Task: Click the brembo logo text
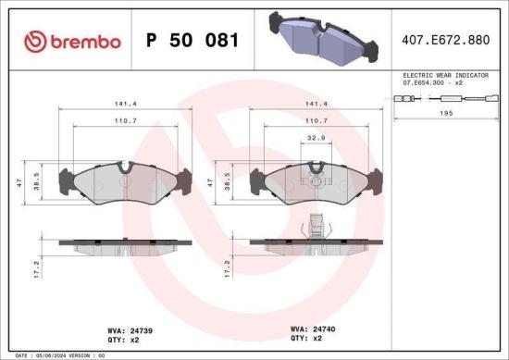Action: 73,42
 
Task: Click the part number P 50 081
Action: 193,41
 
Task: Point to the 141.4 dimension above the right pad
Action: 317,105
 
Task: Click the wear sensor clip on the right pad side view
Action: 317,226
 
